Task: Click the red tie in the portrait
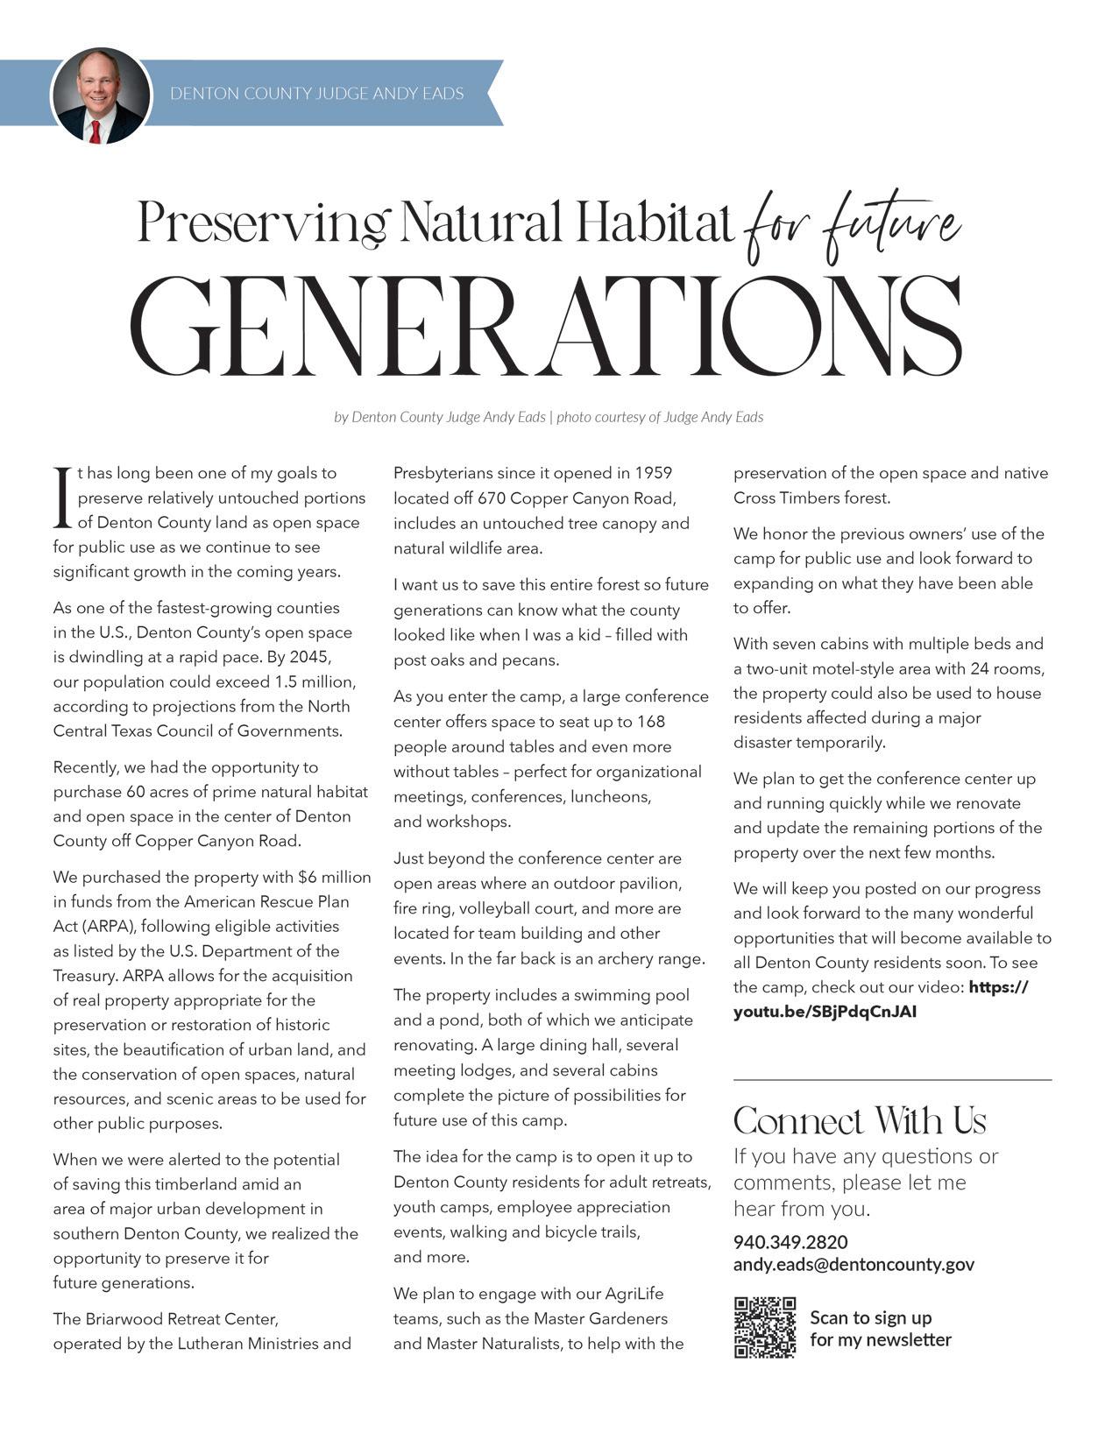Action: (95, 131)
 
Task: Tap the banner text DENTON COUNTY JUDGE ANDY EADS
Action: (316, 93)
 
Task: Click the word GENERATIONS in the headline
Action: (545, 326)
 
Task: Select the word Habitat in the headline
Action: (654, 222)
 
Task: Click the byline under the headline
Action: (549, 417)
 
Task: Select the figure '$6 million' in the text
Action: (334, 877)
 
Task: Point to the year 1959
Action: (653, 473)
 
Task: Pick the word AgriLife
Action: (628, 1294)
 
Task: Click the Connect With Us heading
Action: (859, 1121)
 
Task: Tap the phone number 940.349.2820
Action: (790, 1242)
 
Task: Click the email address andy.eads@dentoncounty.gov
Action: (854, 1265)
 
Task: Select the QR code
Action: (765, 1328)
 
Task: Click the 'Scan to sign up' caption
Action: (870, 1317)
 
